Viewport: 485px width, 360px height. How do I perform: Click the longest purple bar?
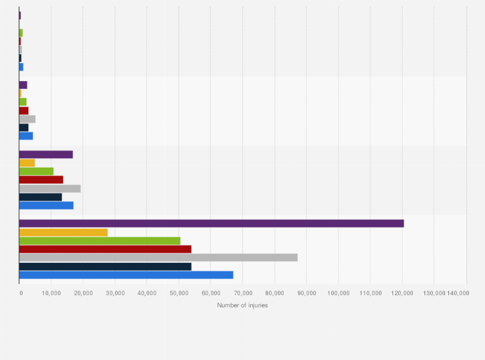(211, 223)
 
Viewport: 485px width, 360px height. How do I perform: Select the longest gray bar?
(158, 258)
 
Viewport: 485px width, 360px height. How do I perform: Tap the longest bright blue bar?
(126, 275)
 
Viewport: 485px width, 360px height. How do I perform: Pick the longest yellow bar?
(63, 232)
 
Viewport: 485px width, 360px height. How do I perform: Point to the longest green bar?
(100, 240)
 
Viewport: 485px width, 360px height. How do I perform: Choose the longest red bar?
(105, 249)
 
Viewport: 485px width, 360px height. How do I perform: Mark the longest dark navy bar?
(105, 266)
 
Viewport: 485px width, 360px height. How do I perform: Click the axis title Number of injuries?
(243, 305)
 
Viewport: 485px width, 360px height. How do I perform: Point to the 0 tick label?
(20, 293)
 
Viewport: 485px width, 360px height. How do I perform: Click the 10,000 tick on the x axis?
(51, 293)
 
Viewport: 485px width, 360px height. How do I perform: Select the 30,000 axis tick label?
(115, 293)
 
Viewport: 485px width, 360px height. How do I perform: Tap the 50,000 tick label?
(179, 293)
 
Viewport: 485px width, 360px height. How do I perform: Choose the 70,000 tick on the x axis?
(243, 293)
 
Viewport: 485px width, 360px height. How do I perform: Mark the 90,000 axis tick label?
(307, 293)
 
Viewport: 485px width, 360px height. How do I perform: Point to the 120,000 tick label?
(402, 293)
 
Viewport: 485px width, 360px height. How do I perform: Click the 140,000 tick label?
(458, 293)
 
